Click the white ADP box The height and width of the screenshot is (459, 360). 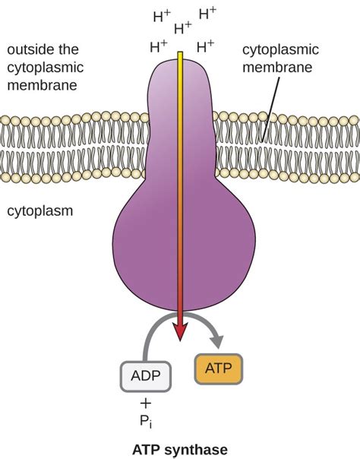coord(146,375)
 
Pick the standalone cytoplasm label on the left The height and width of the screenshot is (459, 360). coord(39,211)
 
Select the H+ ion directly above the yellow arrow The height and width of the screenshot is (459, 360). coord(183,29)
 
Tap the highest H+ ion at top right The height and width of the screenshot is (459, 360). coord(207,13)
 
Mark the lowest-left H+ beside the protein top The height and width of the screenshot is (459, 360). coord(159,46)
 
